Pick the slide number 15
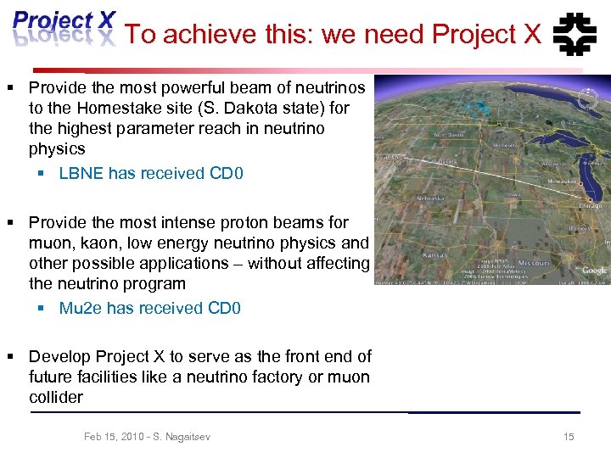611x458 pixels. (x=569, y=437)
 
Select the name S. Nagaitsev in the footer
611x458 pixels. (x=182, y=437)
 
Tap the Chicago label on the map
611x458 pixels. (x=591, y=205)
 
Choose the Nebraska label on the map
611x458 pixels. (x=431, y=198)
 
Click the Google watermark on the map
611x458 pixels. (x=593, y=270)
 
